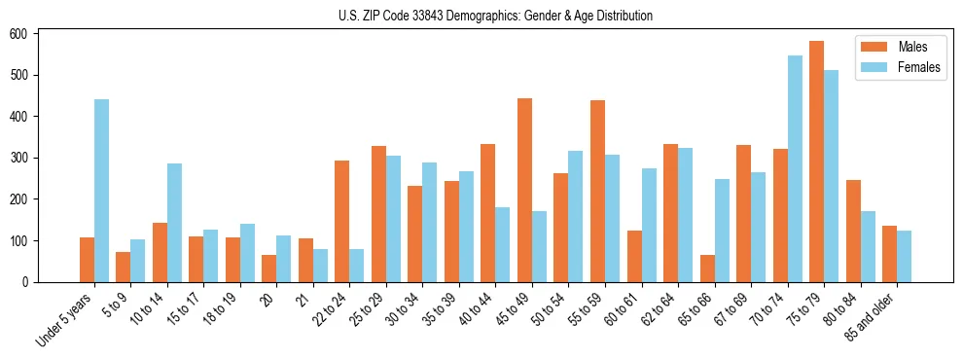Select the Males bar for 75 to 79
(x=816, y=162)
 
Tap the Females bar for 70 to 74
(x=795, y=168)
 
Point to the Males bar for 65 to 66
(x=707, y=269)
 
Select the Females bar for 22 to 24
(x=357, y=266)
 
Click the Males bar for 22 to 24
(x=342, y=221)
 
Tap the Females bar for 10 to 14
(x=174, y=223)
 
